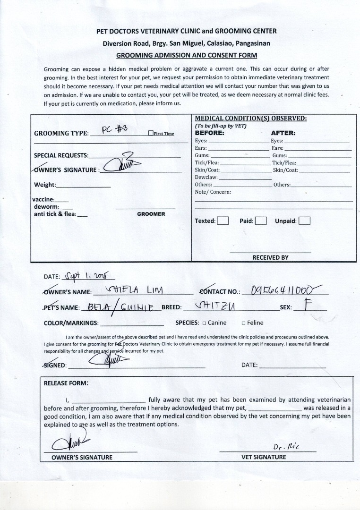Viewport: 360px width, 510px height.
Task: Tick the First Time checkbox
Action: pos(150,134)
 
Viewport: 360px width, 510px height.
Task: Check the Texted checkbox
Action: pos(223,221)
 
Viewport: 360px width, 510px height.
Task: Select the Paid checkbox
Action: pos(261,221)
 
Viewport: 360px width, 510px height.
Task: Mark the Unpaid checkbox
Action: pos(304,221)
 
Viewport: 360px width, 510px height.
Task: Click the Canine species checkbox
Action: pos(204,323)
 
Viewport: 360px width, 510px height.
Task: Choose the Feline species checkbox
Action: pos(243,323)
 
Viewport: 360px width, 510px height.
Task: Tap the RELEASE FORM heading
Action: pos(66,383)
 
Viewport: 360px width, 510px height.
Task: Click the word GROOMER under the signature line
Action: pos(151,214)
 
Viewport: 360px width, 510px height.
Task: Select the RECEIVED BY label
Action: pos(270,257)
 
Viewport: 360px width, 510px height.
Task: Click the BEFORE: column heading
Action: pos(209,133)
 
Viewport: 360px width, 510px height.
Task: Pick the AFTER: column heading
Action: pos(283,133)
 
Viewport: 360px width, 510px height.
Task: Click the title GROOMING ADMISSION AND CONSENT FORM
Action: pos(187,55)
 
